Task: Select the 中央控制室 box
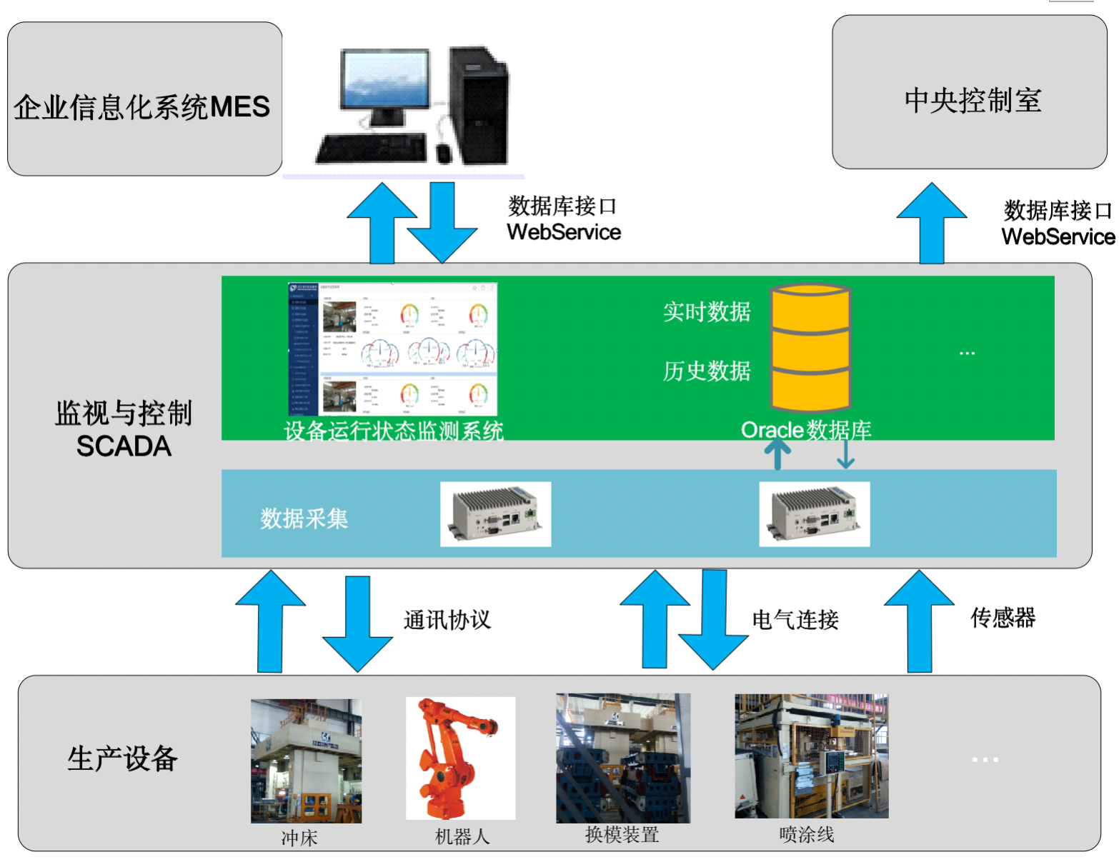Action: [x=970, y=93]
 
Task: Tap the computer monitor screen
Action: [x=385, y=79]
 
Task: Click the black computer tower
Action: [x=479, y=106]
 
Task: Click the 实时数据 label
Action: [x=707, y=312]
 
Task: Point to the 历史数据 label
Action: [x=707, y=371]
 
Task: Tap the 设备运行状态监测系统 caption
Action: [x=394, y=431]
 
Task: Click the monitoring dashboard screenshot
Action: [x=392, y=349]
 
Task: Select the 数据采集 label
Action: [x=304, y=518]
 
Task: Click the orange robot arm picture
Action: [x=460, y=758]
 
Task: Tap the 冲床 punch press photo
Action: [x=306, y=761]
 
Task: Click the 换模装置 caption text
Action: [x=622, y=835]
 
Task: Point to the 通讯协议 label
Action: [x=447, y=620]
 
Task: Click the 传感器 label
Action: [x=1003, y=618]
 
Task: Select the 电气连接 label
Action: [x=795, y=620]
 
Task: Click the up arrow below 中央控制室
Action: [x=931, y=222]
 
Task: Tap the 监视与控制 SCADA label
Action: [x=124, y=429]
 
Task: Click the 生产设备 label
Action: [x=122, y=758]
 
